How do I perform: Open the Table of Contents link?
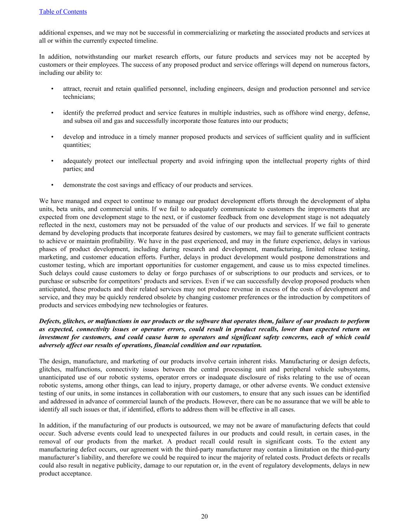pyautogui.click(x=63, y=12)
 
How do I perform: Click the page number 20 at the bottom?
pyautogui.click(x=204, y=516)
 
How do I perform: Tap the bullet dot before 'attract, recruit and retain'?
pyautogui.click(x=52, y=89)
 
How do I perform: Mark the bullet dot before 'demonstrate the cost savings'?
pyautogui.click(x=52, y=185)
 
